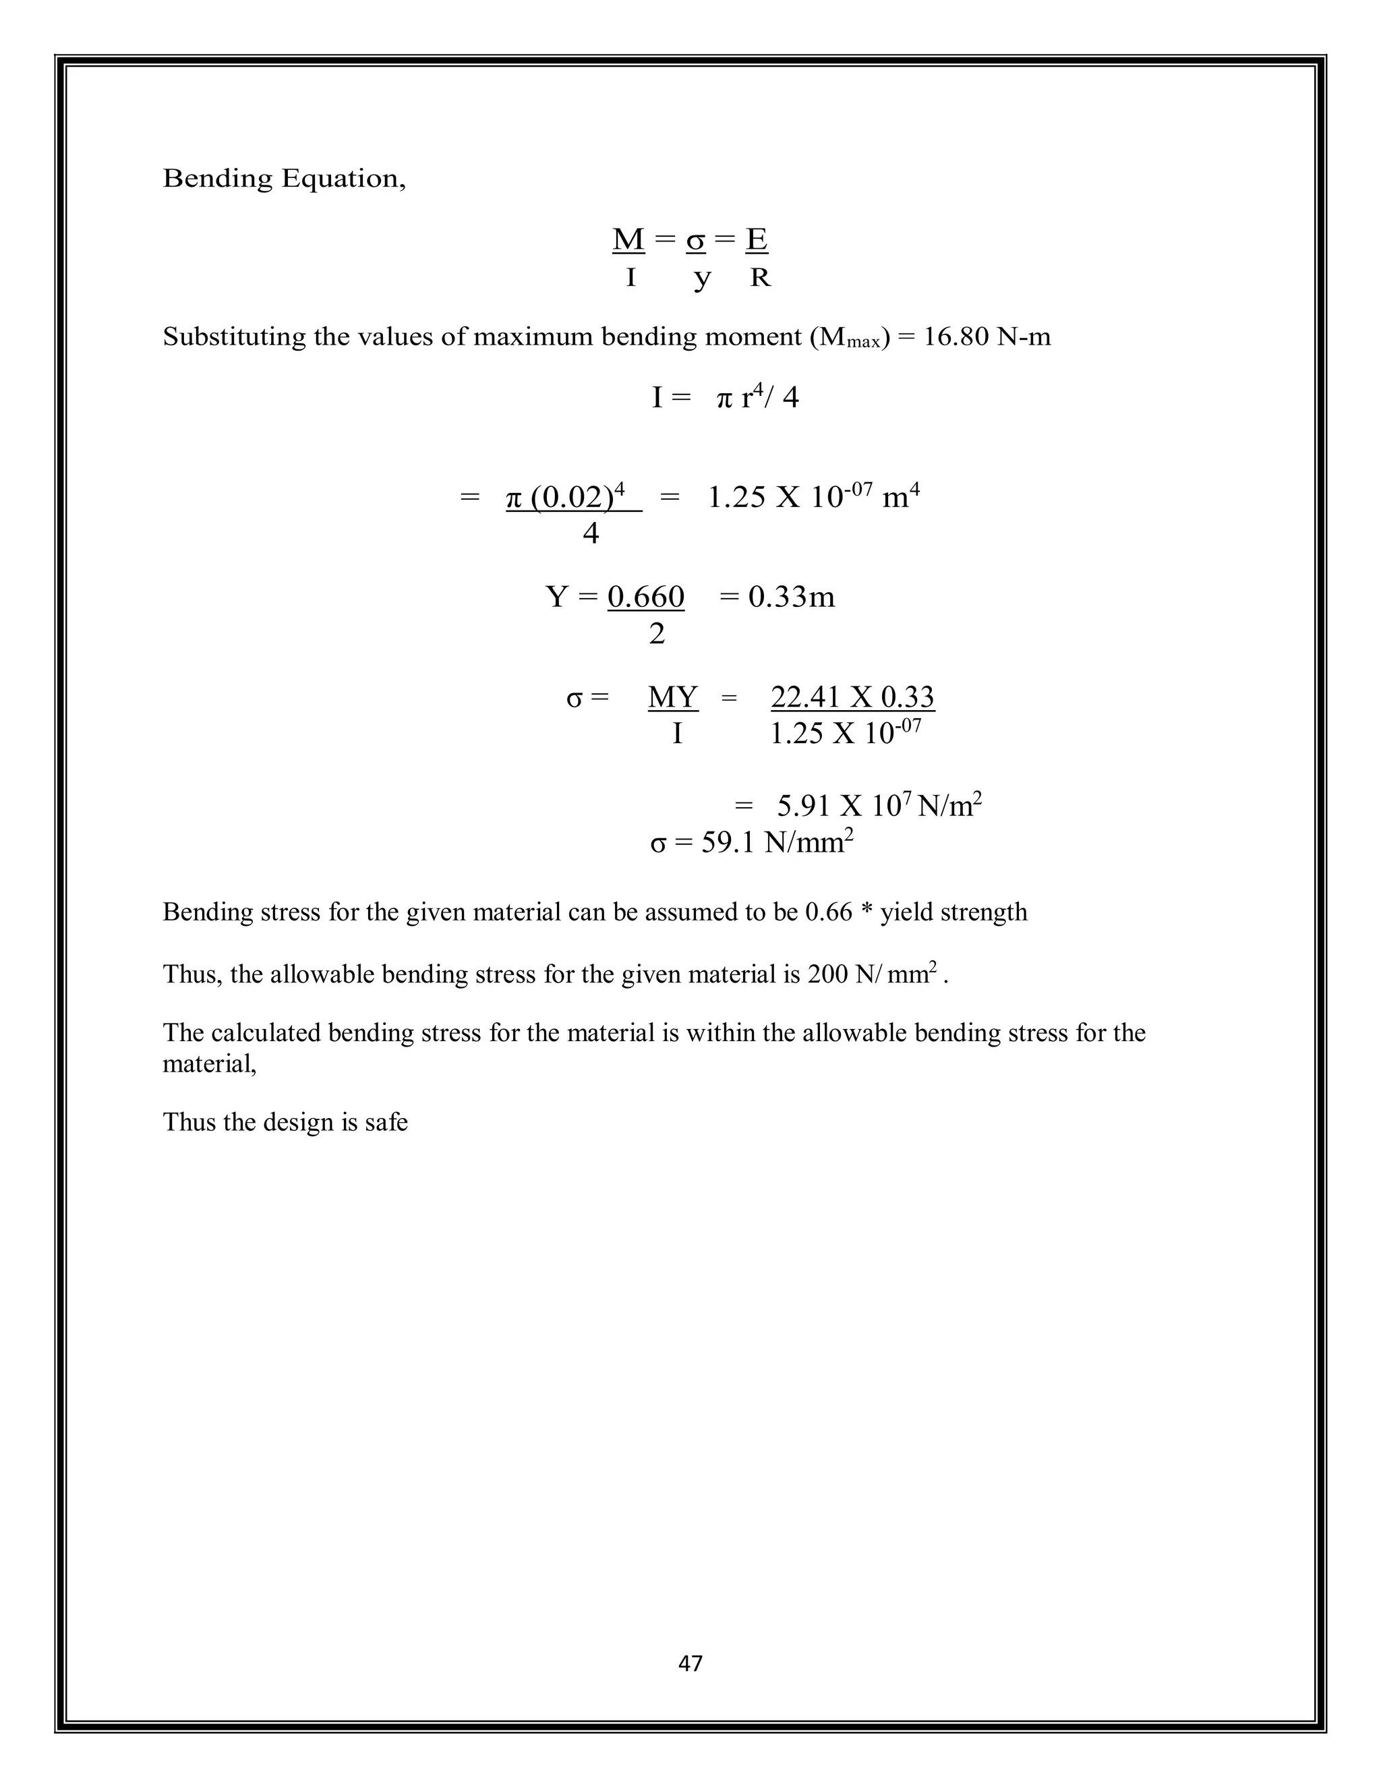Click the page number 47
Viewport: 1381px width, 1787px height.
690,1663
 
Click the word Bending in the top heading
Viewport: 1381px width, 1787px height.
218,179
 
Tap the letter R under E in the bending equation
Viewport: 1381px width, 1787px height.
760,279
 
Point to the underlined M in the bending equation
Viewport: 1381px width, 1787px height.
628,240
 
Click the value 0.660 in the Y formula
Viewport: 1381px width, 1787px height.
646,597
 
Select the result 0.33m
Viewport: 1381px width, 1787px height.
791,597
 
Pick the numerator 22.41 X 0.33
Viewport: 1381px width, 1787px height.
852,697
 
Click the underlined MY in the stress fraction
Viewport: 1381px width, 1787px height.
672,697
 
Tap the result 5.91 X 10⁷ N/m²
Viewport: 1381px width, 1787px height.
879,806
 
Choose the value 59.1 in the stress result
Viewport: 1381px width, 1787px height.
729,842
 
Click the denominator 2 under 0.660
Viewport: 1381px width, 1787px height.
657,634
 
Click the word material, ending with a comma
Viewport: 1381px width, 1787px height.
210,1065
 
